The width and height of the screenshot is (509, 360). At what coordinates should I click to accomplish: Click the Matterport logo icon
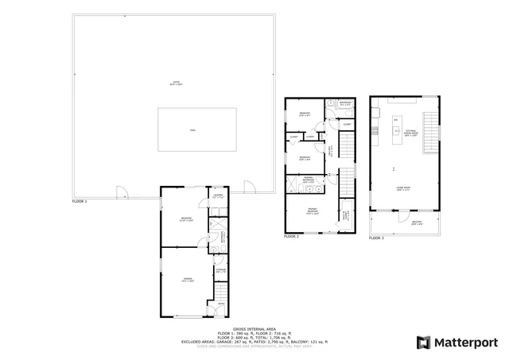click(x=423, y=343)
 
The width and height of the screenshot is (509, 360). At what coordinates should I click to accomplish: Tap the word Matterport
click(x=464, y=343)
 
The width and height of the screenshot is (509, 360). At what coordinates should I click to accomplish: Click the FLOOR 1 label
click(x=80, y=202)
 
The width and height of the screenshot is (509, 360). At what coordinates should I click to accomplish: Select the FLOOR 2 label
click(x=292, y=236)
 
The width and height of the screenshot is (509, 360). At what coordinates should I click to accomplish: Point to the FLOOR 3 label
click(x=377, y=238)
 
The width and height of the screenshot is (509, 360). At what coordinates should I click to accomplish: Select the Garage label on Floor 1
click(x=185, y=280)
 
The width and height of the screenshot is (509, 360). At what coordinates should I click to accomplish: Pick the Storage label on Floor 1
click(x=220, y=271)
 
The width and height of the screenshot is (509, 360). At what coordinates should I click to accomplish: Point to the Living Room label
click(x=404, y=189)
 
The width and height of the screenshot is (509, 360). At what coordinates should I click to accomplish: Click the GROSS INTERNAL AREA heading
click(x=254, y=327)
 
